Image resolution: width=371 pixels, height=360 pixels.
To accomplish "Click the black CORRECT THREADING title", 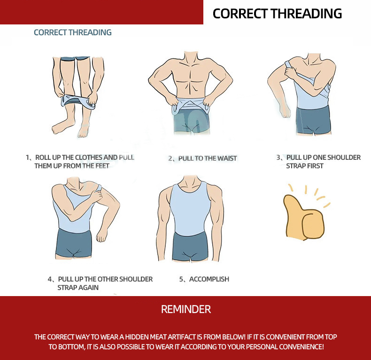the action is point(277,14).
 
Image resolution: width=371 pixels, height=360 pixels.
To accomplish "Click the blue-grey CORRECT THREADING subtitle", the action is point(73,32).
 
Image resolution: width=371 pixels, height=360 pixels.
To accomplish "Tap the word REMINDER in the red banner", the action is point(186,309).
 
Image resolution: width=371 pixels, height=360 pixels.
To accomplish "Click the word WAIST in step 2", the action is point(227,158).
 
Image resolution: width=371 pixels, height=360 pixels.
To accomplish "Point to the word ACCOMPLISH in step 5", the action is point(209,279).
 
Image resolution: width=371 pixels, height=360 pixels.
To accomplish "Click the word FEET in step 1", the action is point(102,166).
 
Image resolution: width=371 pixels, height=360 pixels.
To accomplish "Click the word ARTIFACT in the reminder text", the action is point(181,337).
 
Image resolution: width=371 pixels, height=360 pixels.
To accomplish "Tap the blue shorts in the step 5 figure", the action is point(191,246).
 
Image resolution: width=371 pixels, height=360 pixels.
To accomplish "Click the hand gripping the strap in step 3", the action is point(290,71).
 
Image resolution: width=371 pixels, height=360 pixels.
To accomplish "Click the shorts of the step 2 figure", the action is point(192,120).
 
